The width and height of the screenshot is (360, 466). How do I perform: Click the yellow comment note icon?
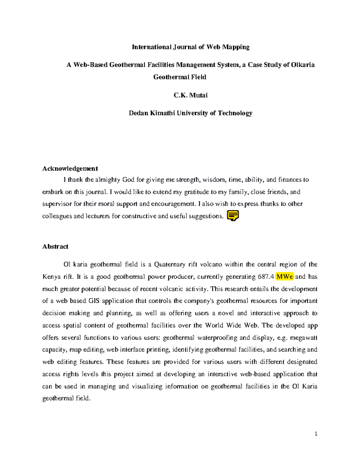coord(233,216)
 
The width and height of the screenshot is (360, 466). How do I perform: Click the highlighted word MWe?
coord(285,277)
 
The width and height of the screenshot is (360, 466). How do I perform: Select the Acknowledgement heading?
coord(70,168)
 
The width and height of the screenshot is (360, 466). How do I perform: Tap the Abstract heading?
coord(55,246)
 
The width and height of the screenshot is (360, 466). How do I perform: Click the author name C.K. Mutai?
coord(190,95)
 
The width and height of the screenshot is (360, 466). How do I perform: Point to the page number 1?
coord(316,434)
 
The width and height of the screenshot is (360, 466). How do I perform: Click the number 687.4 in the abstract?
coord(266,277)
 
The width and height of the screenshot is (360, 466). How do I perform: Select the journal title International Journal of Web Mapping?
coord(190,47)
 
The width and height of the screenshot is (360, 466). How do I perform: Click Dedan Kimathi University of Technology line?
coord(190,113)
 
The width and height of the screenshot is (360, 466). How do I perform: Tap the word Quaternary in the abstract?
coord(169,264)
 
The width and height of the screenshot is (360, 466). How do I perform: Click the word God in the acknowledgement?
coord(128,180)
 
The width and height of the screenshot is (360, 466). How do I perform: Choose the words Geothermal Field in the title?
coord(180,77)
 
